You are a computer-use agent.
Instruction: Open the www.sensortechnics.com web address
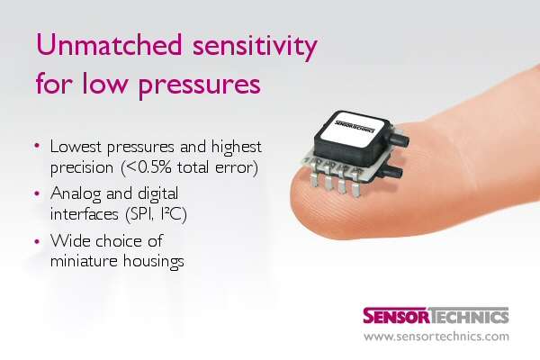coord(436,337)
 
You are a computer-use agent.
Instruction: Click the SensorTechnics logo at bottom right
coord(436,316)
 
